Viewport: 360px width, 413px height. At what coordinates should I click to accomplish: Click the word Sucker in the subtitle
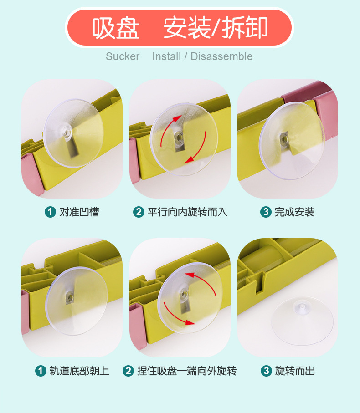[123, 56]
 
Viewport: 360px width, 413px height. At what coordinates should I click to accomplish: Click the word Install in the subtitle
[167, 56]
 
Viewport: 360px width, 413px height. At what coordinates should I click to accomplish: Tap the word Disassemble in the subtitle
[221, 56]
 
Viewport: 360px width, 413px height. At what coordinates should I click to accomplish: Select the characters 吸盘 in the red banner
[116, 28]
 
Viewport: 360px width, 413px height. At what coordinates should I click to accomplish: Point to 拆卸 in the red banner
[245, 28]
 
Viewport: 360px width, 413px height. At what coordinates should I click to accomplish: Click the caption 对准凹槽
[79, 212]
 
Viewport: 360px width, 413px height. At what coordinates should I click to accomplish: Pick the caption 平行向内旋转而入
[187, 212]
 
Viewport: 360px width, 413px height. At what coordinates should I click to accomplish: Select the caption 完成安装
[294, 212]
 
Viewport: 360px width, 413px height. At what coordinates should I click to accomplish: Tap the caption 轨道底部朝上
[79, 371]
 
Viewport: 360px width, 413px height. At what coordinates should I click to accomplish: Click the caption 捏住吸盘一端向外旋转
[187, 371]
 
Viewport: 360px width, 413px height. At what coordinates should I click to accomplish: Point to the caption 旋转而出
[295, 371]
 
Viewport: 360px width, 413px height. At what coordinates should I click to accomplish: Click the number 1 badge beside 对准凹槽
[50, 212]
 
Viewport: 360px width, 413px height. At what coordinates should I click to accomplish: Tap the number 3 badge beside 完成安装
[266, 212]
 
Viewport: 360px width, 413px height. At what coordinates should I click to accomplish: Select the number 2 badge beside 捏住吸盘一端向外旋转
[128, 371]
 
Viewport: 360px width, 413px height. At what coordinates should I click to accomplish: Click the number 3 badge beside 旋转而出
[266, 371]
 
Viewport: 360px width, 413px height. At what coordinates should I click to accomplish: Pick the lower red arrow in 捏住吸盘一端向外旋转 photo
[176, 316]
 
